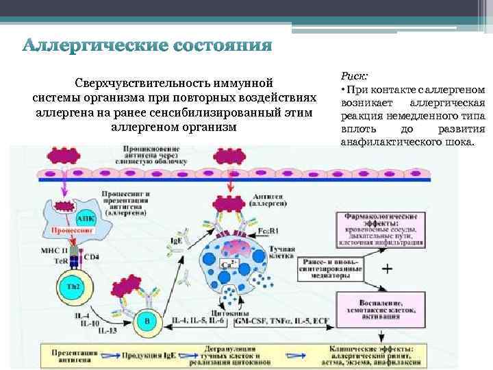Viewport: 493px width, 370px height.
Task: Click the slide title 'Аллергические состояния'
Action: (x=147, y=47)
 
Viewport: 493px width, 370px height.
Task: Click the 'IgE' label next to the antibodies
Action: (x=176, y=241)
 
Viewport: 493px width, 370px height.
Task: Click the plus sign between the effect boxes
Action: (x=386, y=269)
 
